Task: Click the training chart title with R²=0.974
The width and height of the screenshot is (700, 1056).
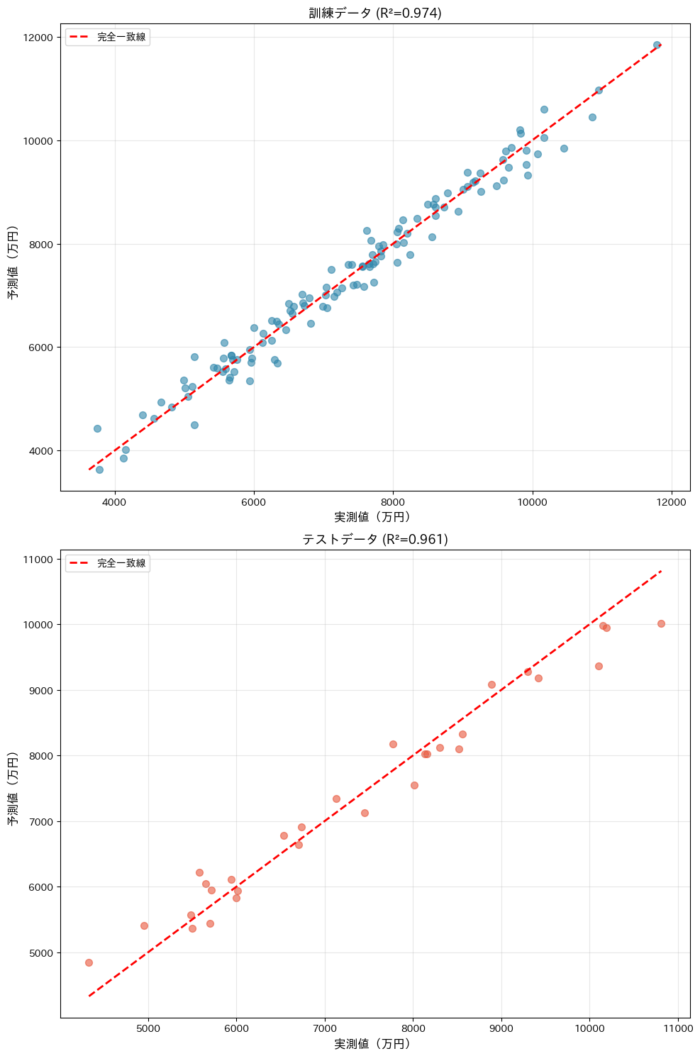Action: (x=375, y=13)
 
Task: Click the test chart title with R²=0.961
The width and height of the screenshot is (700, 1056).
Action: (x=375, y=540)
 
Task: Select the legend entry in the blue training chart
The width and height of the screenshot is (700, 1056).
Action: (x=108, y=37)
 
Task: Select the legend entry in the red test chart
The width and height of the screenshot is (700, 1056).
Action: (x=108, y=563)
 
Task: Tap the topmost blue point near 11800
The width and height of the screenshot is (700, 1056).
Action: (x=657, y=45)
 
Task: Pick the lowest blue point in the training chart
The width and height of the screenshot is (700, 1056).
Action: (x=99, y=469)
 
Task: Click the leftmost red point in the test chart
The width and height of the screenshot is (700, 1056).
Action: (x=89, y=962)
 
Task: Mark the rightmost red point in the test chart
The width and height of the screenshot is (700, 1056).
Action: (x=661, y=623)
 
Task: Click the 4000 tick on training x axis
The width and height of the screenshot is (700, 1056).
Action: (x=115, y=503)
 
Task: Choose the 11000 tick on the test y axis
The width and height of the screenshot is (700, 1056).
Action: (x=40, y=560)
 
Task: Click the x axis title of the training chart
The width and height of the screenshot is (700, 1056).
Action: (x=372, y=518)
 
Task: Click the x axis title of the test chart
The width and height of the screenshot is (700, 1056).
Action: (x=372, y=1044)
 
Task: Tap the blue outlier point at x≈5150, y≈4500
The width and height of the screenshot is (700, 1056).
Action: (x=194, y=425)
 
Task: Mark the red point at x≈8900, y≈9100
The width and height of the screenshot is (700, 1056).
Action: (x=491, y=684)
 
